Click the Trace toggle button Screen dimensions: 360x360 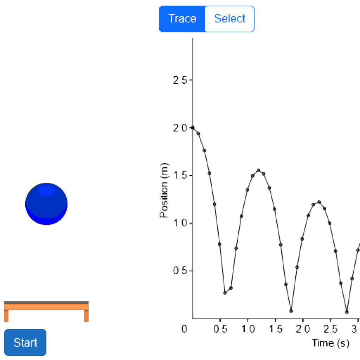click(182, 19)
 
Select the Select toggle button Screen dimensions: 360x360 click(230, 19)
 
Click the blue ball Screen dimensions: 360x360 click(46, 204)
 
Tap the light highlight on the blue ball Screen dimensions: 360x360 click(46, 191)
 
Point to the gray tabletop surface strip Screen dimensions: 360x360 click(46, 302)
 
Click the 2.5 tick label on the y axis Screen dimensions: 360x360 click(180, 80)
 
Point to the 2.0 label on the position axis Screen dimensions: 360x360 click(180, 128)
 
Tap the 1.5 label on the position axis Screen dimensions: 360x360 click(180, 176)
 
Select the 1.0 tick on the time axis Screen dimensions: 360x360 click(248, 329)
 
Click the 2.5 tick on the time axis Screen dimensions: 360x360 click(330, 329)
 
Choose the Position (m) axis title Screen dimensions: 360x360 click(164, 191)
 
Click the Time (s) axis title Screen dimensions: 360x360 click(330, 343)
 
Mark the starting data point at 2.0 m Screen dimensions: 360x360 click(193, 128)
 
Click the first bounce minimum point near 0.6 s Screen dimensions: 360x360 click(225, 292)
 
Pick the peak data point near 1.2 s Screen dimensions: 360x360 click(258, 170)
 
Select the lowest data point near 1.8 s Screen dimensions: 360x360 click(291, 311)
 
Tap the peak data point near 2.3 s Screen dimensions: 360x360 click(319, 202)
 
